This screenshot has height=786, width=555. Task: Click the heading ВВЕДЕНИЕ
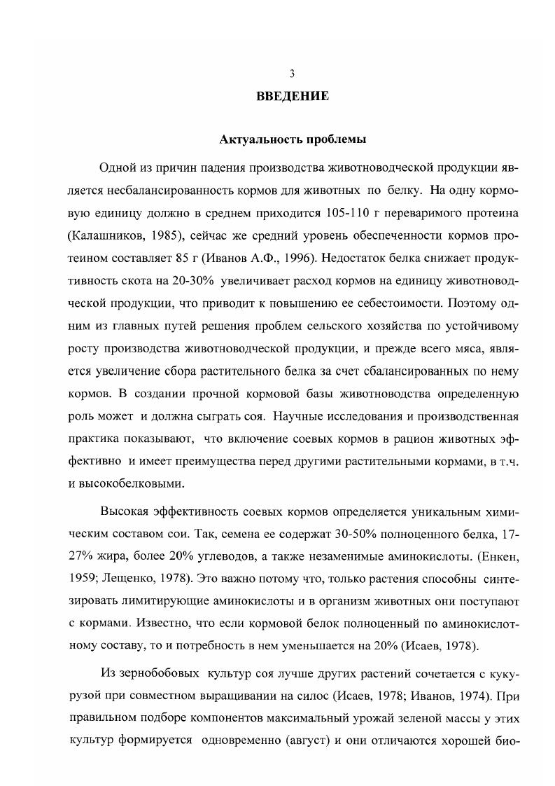point(293,96)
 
